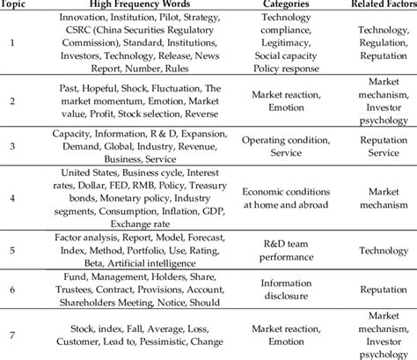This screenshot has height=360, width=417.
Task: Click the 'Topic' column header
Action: pos(11,5)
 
